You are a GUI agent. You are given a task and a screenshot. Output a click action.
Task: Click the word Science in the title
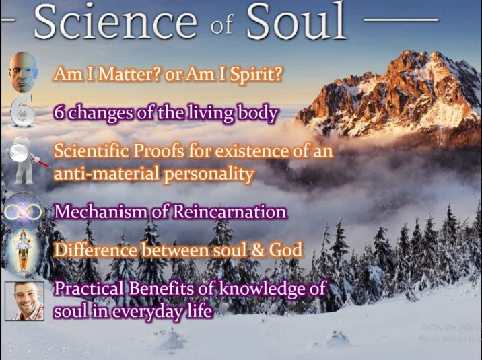[x=115, y=22]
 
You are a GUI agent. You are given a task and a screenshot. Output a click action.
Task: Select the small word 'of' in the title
[x=222, y=25]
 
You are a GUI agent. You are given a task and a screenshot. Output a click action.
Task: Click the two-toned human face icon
[x=23, y=72]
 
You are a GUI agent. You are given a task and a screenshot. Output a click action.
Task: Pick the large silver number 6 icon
[x=22, y=111]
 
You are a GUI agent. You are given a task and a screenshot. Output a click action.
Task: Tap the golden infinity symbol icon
[x=23, y=212]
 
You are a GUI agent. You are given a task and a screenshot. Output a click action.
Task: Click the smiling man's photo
[x=25, y=301]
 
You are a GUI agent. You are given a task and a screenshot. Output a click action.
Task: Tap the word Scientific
[x=92, y=151]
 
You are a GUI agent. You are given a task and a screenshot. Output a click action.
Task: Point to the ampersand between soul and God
[x=258, y=250]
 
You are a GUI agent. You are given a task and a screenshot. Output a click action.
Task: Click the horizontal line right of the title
[x=401, y=20]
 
